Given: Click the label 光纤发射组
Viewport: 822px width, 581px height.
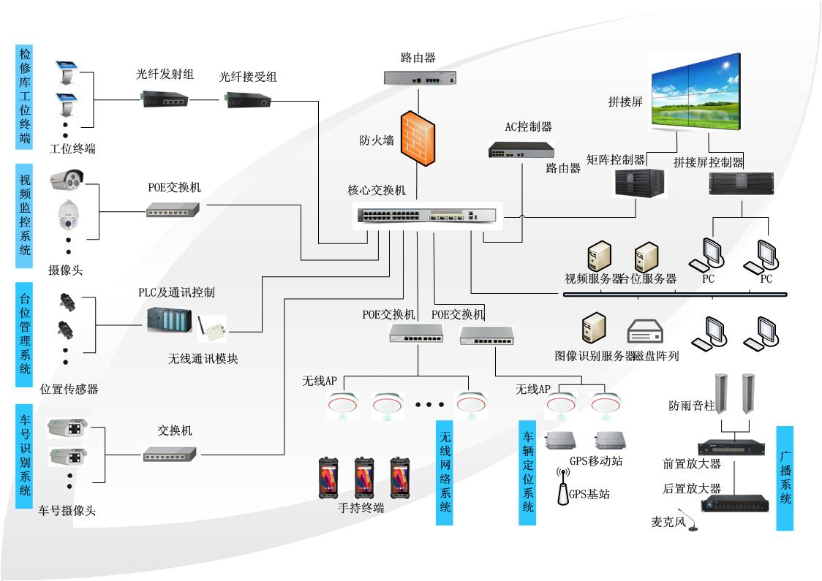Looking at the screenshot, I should [x=165, y=74].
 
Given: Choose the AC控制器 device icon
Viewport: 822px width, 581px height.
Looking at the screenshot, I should [x=521, y=150].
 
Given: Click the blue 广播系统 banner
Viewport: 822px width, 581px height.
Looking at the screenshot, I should [x=784, y=478].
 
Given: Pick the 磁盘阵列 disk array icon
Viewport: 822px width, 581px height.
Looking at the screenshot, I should [x=645, y=333].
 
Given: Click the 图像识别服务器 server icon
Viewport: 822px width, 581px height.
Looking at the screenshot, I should [x=592, y=330].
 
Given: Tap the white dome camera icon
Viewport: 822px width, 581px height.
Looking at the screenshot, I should [x=68, y=216].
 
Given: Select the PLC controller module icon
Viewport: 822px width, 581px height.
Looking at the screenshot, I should [x=169, y=319].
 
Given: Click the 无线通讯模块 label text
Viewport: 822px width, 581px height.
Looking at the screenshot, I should [x=203, y=359].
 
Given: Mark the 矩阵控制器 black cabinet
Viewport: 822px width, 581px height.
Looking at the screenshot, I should [x=638, y=183].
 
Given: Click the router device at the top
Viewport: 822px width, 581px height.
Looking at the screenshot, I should [x=421, y=77].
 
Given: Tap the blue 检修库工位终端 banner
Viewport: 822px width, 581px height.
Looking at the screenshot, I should [x=24, y=95].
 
